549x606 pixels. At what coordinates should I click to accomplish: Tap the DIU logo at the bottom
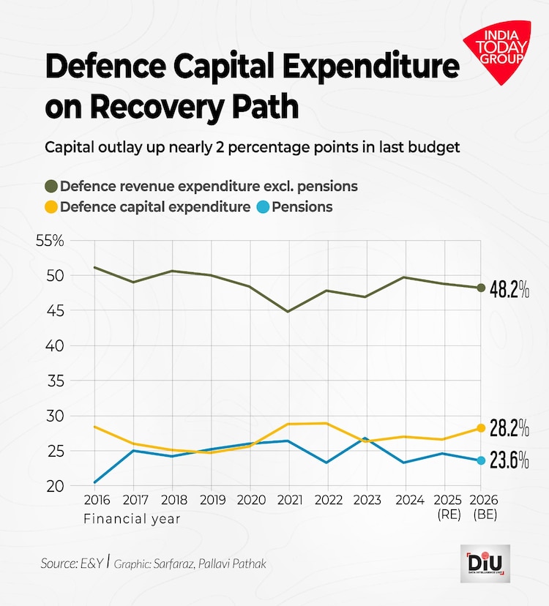485,563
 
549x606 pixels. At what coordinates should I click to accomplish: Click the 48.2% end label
509,290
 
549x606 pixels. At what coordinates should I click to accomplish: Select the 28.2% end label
509,427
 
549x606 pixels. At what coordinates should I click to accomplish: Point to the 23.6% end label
509,461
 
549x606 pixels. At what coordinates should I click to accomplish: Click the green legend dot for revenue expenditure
51,186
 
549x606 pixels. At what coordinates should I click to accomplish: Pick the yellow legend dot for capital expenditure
51,207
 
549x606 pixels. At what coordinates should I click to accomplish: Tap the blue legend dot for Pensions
263,207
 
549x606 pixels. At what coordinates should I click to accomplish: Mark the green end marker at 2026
481,288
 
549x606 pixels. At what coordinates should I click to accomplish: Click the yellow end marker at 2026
481,427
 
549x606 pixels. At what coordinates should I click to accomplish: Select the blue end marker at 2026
481,460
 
